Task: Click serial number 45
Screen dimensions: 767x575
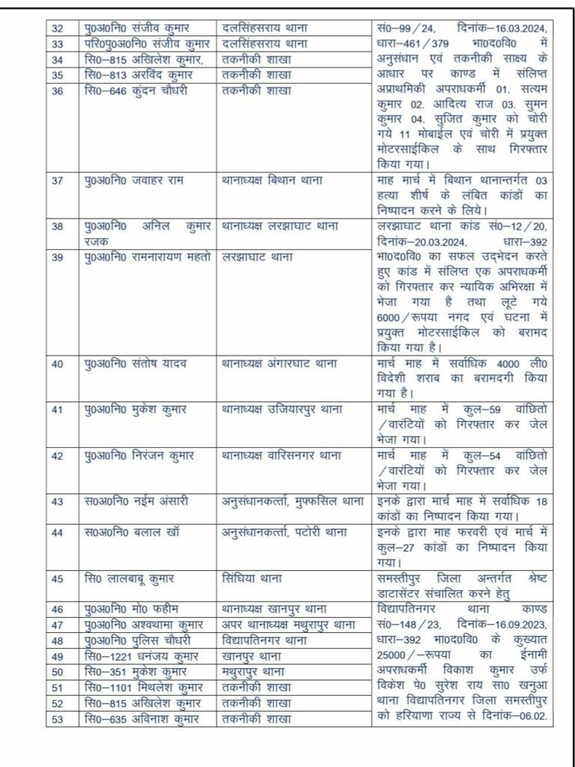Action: pyautogui.click(x=57, y=578)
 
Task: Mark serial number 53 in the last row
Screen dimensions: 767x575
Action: pyautogui.click(x=57, y=719)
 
